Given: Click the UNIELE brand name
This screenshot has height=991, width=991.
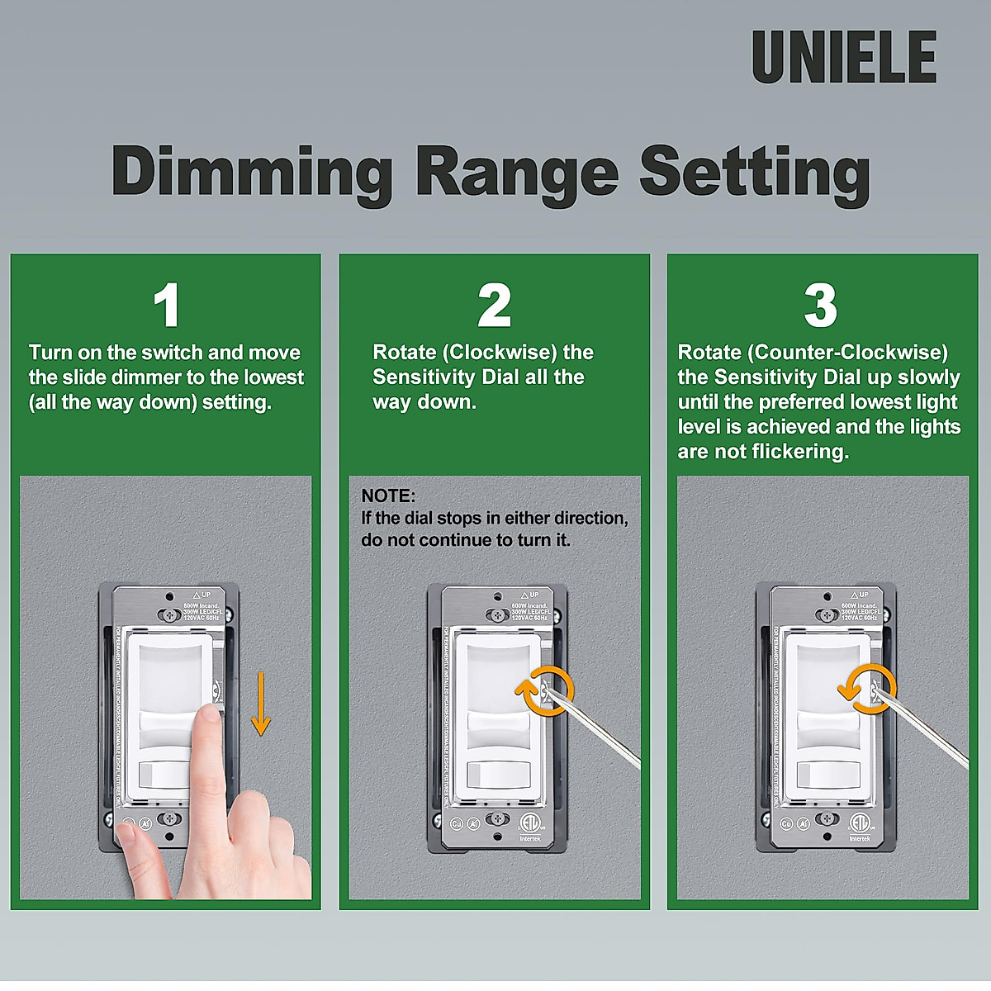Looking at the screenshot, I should [844, 58].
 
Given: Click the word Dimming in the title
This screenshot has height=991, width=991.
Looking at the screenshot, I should [252, 172].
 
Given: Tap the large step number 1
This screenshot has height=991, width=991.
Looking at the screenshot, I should [167, 306].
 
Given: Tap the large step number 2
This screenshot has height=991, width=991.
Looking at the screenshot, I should [494, 306].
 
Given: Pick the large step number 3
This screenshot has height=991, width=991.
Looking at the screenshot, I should [820, 306].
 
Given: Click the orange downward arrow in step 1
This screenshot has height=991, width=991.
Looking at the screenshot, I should [261, 704].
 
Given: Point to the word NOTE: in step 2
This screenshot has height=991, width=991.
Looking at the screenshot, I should [388, 496].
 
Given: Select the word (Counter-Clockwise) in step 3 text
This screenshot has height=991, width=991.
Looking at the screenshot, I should [848, 353].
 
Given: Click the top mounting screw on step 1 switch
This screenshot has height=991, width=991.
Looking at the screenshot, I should [170, 615].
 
